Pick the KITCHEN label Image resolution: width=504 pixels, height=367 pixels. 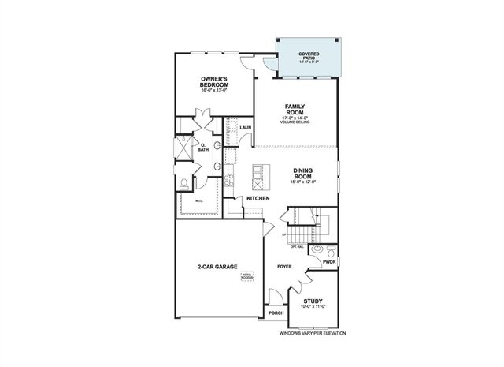click(258, 198)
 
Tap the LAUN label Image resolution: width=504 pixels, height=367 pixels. click(245, 128)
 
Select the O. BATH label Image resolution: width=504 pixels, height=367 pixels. click(202, 147)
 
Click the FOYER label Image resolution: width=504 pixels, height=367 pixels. click(284, 268)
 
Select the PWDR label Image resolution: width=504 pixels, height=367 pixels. click(329, 262)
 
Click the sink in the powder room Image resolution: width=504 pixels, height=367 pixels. click(317, 250)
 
